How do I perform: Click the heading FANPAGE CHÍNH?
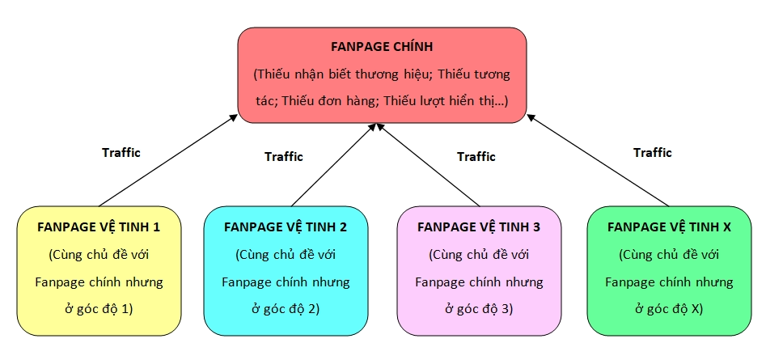(382, 47)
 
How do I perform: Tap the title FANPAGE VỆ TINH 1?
(99, 227)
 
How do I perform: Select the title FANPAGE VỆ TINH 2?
(285, 227)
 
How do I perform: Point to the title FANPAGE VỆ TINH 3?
(478, 227)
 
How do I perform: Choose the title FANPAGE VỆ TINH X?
(669, 227)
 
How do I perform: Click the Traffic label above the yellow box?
(121, 152)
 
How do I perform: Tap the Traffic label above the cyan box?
(284, 156)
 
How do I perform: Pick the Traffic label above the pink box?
(476, 156)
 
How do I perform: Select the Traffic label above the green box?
(653, 152)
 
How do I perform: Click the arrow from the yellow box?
(168, 160)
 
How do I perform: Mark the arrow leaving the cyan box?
(332, 164)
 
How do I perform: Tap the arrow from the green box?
(599, 160)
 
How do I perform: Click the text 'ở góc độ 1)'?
(99, 308)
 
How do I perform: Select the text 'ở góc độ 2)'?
(285, 308)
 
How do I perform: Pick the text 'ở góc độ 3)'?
(478, 308)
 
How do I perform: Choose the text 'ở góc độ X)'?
(669, 308)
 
